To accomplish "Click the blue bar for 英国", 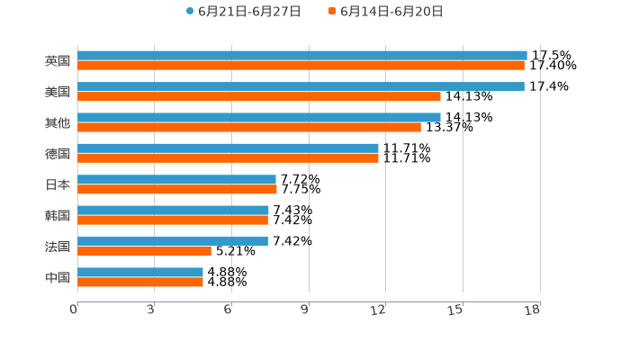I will click(301, 56).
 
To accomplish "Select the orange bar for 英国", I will click(301, 66).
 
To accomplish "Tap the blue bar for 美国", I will click(301, 86).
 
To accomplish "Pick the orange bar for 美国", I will click(259, 96).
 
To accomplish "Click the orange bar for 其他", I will click(249, 127).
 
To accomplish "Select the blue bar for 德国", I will click(228, 148).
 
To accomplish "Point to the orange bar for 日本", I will click(177, 189).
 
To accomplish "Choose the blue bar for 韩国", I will click(173, 211).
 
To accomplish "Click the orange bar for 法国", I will click(144, 251).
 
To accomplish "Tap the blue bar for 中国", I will click(140, 272).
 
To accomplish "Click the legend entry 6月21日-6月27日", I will click(243, 12).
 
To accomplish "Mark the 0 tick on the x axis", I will click(74, 310).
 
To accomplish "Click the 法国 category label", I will click(58, 246).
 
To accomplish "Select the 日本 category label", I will click(58, 184).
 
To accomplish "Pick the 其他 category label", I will click(58, 122).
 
